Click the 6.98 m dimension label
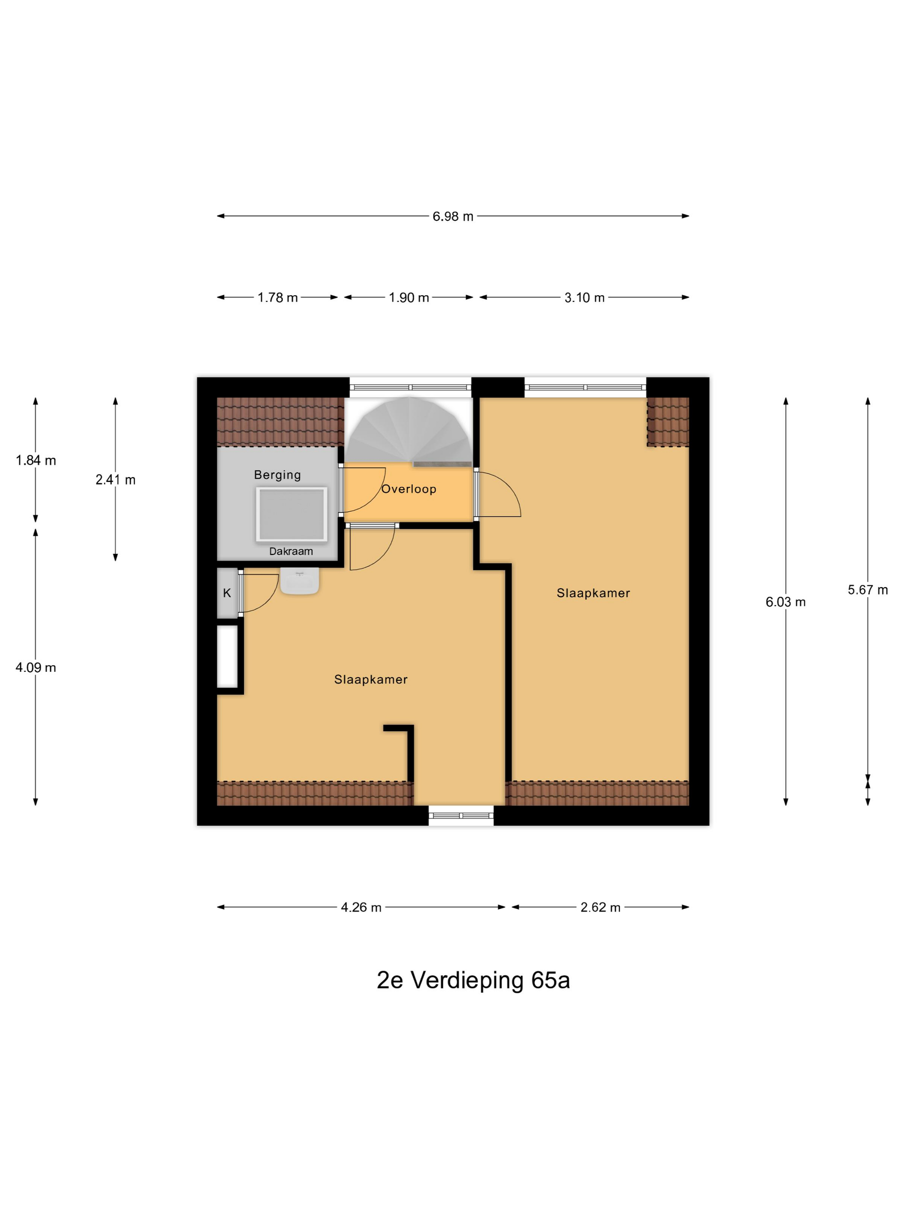pos(452,216)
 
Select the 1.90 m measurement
pos(408,297)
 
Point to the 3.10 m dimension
pos(584,297)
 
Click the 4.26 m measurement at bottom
pos(360,907)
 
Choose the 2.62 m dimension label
pos(600,907)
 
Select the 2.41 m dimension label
pos(115,479)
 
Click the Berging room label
pos(277,475)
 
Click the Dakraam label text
pos(291,551)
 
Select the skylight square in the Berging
pos(291,514)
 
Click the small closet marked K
pos(227,593)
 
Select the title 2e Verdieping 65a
pos(473,980)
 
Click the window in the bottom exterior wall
pos(461,816)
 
